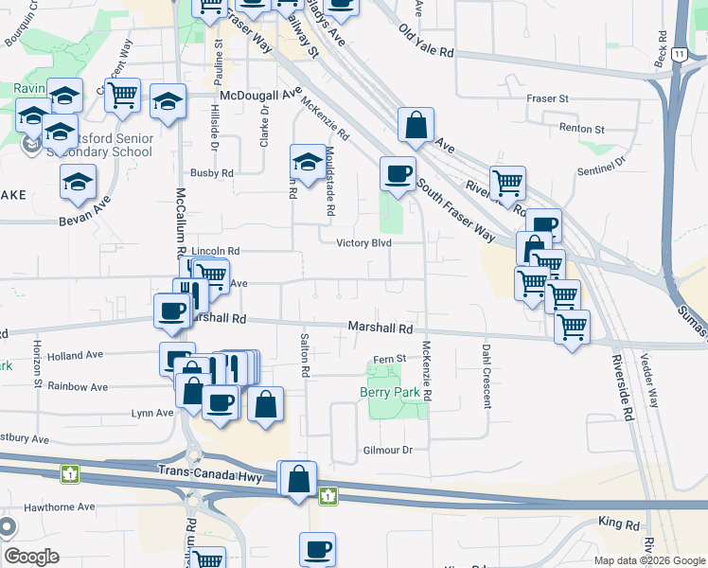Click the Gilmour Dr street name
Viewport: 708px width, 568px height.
388,451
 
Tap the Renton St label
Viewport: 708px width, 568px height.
581,128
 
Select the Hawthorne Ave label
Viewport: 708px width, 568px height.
60,507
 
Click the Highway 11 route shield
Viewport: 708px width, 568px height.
680,56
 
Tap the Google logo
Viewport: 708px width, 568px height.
31,558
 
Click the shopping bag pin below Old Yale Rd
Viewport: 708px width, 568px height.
416,124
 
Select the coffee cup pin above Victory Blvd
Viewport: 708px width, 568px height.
398,174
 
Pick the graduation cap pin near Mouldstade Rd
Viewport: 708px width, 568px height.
308,163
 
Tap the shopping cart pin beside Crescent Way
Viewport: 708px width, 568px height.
122,95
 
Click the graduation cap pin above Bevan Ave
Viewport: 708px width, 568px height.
78,182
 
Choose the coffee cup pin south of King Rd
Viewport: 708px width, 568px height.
317,549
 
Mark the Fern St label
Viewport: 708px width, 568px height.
388,359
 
